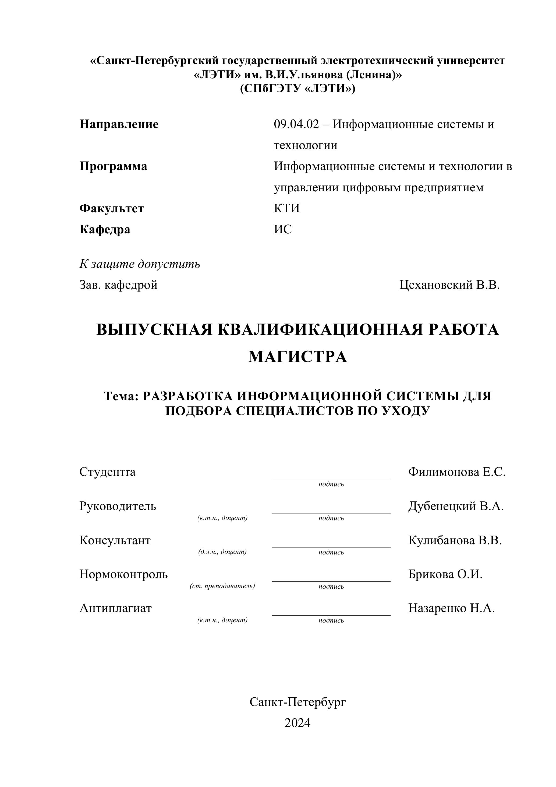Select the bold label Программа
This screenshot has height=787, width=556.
(x=114, y=167)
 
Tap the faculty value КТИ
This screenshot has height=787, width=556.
(x=287, y=208)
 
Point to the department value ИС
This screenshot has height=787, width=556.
(x=283, y=229)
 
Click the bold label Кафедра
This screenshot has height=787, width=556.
(x=105, y=229)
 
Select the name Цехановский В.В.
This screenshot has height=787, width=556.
(x=449, y=285)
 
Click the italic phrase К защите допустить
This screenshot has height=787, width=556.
(x=140, y=264)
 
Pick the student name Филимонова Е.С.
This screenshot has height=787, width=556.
(x=457, y=472)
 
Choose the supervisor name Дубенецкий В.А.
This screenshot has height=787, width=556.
(x=456, y=506)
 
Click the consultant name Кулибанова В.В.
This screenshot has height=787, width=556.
(x=455, y=540)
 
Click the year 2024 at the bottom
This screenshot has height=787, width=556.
(x=297, y=723)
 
